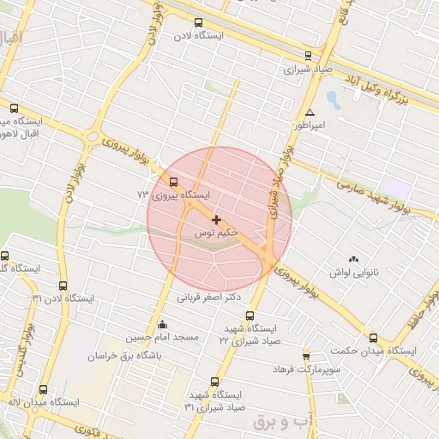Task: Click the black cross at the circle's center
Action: click(216, 220)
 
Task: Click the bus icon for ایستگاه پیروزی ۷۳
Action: click(175, 182)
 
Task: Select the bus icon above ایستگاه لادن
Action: click(199, 23)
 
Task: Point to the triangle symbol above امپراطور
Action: click(310, 113)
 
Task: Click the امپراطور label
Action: click(310, 126)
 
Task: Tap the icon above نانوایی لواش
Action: click(353, 259)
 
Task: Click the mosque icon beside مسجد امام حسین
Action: click(163, 324)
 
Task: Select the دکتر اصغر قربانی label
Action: click(208, 298)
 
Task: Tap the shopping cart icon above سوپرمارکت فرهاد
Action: click(306, 356)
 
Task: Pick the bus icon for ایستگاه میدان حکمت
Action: click(373, 338)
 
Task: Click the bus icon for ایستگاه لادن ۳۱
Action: click(63, 286)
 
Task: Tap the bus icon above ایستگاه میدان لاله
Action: click(43, 389)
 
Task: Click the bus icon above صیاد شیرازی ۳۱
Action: click(214, 382)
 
